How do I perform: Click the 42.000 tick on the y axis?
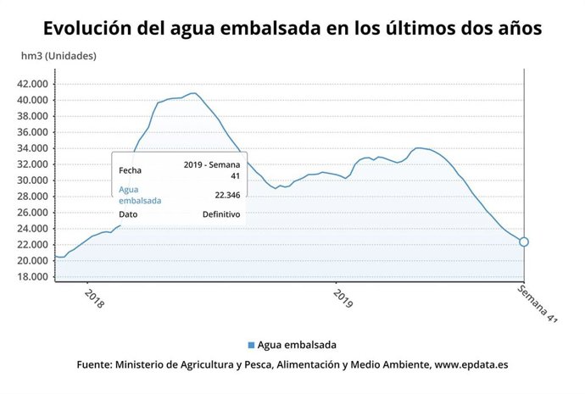coord(32,84)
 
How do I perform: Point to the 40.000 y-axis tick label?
coord(32,100)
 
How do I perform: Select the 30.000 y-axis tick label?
coord(32,180)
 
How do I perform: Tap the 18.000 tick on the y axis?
coord(32,277)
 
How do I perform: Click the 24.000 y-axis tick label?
coord(32,229)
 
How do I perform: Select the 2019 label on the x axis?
coord(342,299)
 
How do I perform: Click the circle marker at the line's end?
coord(524,242)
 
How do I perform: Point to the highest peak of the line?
coord(194,92)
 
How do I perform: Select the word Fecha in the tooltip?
coord(130,169)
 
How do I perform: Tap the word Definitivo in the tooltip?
coord(220,214)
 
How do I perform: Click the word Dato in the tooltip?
coord(128,214)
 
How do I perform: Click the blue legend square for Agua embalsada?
coord(251,345)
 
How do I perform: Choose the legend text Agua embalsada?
coord(298,345)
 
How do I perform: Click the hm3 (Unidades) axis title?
coord(58,57)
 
